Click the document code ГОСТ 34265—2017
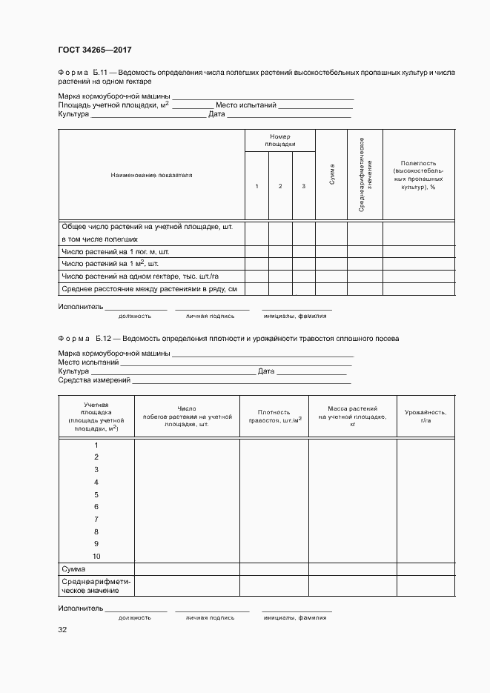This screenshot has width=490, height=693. tap(95, 50)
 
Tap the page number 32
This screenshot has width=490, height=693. tap(62, 630)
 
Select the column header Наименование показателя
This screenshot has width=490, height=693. tap(151, 175)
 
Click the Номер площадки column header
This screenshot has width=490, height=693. tap(280, 141)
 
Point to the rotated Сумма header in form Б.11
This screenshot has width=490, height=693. tap(331, 175)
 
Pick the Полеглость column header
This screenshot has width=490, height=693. tap(418, 175)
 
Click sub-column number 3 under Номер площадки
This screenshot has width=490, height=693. tap(303, 186)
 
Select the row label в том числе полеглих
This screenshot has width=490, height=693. tap(99, 239)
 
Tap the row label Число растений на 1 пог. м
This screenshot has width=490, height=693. tap(110, 252)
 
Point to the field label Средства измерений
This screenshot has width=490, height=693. tap(94, 380)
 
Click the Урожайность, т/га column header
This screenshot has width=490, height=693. tap(426, 416)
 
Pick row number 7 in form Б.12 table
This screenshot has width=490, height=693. tap(96, 520)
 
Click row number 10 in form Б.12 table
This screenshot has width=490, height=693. tap(96, 557)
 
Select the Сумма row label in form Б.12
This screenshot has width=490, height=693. tap(73, 568)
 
